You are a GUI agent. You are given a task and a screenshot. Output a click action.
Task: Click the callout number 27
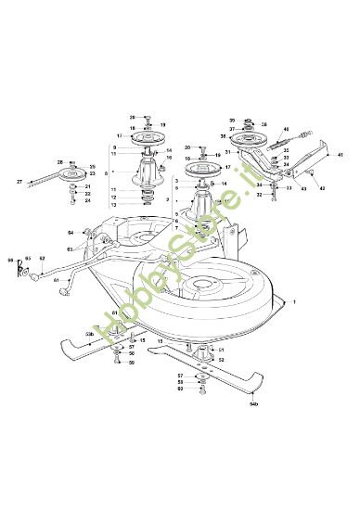point(19,182)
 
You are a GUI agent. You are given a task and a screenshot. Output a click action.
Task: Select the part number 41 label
point(341,154)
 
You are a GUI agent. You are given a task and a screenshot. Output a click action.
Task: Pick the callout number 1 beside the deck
point(295,303)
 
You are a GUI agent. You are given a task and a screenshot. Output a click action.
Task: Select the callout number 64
point(71,233)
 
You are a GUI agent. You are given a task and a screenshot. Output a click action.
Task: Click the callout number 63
point(70,249)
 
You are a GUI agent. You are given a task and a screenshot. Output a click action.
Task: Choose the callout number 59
point(132,362)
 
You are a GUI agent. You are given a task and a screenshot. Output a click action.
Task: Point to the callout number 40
point(286,130)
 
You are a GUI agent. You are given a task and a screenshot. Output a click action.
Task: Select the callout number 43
point(304,189)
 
